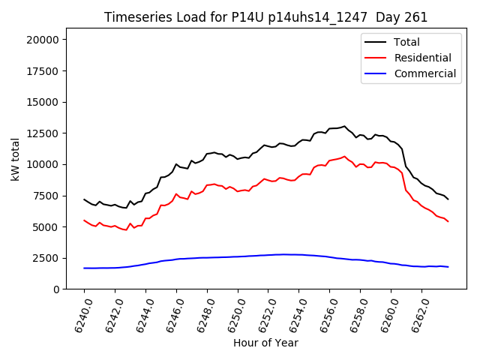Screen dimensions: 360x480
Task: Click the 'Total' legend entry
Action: coord(407,42)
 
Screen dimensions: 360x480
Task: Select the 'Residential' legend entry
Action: coord(423,58)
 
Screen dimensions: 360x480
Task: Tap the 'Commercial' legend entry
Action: coord(425,73)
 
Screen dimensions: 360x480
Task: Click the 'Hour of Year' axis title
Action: coord(265,343)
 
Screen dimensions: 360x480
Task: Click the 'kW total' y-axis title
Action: coord(16,159)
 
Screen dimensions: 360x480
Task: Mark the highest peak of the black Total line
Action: coord(344,126)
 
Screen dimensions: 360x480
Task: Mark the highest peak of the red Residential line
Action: coord(344,157)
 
